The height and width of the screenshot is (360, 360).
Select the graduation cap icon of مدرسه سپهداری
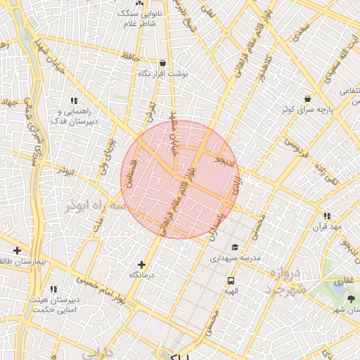234,247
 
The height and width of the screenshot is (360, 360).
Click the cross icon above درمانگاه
142,264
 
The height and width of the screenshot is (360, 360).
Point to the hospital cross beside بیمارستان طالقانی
16,250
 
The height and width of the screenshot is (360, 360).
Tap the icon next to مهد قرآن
327,216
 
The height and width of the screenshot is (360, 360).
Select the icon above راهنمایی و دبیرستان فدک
74,101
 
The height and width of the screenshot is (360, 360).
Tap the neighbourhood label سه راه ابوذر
95,206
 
